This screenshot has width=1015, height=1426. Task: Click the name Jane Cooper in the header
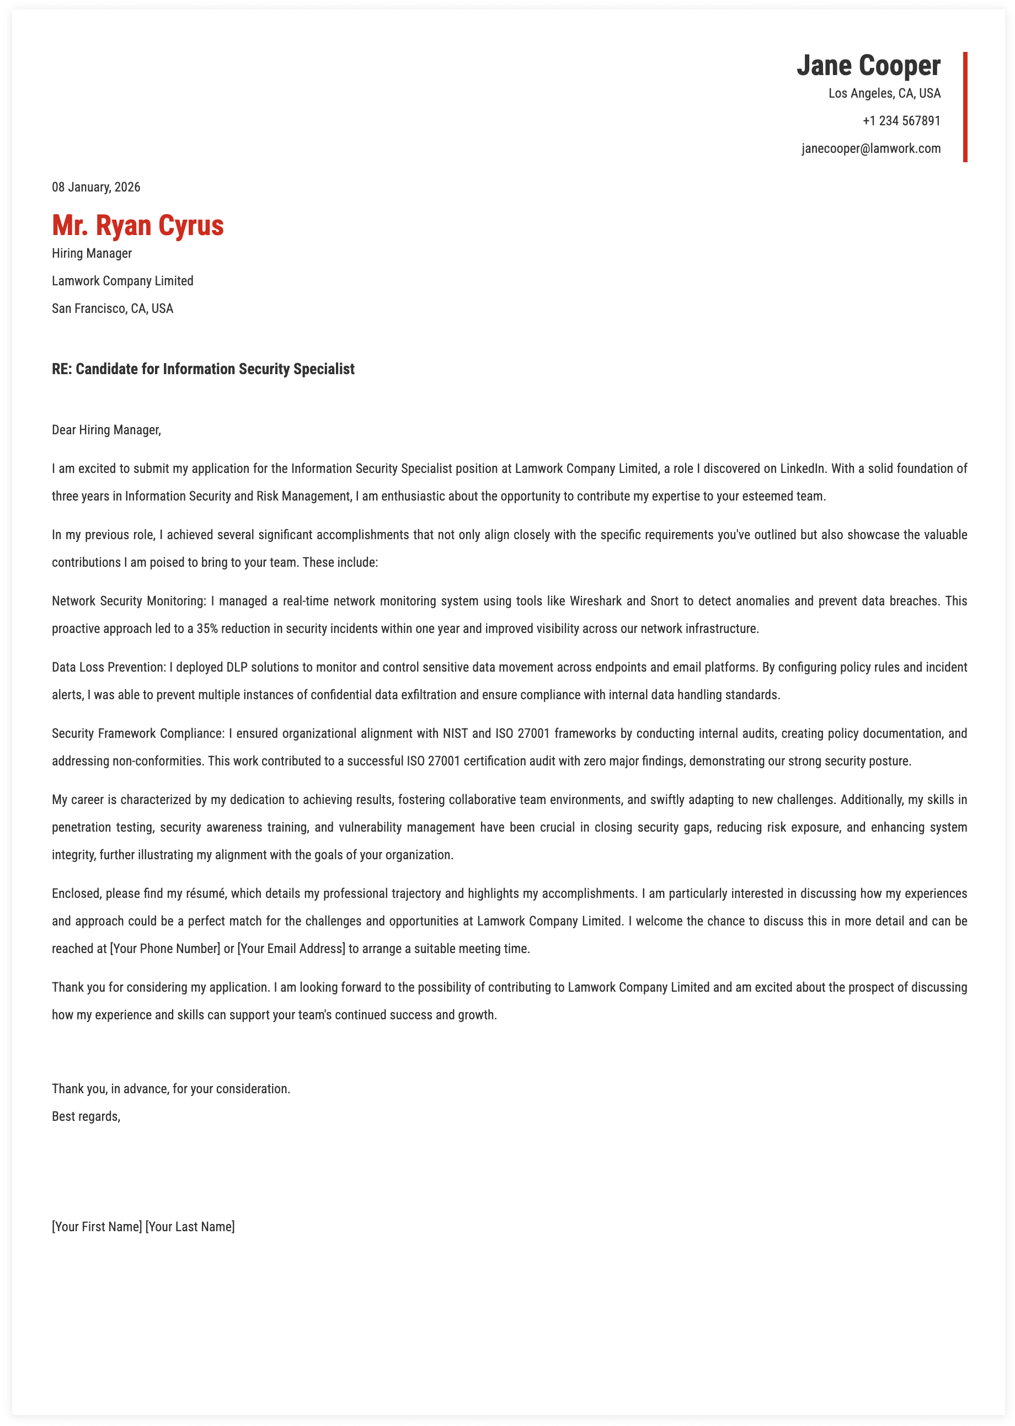[868, 66]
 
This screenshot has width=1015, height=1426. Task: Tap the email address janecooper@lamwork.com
[870, 149]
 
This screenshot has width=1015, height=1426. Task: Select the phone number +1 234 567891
[901, 121]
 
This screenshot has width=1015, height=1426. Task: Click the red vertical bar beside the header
[965, 107]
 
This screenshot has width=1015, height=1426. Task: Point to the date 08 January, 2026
[96, 188]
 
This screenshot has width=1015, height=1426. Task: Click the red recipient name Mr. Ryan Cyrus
[137, 226]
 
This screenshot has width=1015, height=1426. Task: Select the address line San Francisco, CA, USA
[113, 309]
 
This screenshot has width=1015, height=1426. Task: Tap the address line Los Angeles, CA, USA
[884, 94]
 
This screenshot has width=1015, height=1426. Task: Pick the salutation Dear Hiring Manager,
[106, 430]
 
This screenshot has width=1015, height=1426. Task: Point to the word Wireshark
[595, 602]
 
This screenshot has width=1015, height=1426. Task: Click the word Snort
[664, 602]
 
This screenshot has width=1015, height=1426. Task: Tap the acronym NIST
[455, 734]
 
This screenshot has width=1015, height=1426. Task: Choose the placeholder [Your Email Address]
[291, 949]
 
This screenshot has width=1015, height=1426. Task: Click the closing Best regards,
[86, 1116]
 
